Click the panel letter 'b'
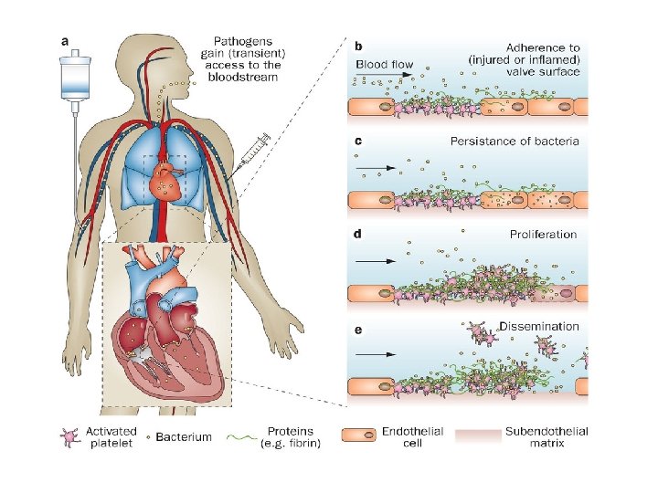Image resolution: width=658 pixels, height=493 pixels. click(359, 44)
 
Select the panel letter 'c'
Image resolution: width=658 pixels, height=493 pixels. click(358, 141)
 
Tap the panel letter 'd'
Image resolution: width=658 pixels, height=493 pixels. click(359, 234)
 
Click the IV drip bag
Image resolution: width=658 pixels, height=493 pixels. click(74, 77)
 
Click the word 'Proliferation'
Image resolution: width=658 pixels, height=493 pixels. click(543, 235)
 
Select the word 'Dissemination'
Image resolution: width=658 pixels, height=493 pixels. click(539, 326)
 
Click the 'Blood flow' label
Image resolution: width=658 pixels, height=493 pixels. click(384, 66)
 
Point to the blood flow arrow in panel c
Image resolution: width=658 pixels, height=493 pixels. click(376, 168)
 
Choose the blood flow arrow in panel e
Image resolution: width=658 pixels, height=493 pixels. click(376, 353)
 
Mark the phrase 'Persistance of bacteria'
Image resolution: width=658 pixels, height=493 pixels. click(515, 142)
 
